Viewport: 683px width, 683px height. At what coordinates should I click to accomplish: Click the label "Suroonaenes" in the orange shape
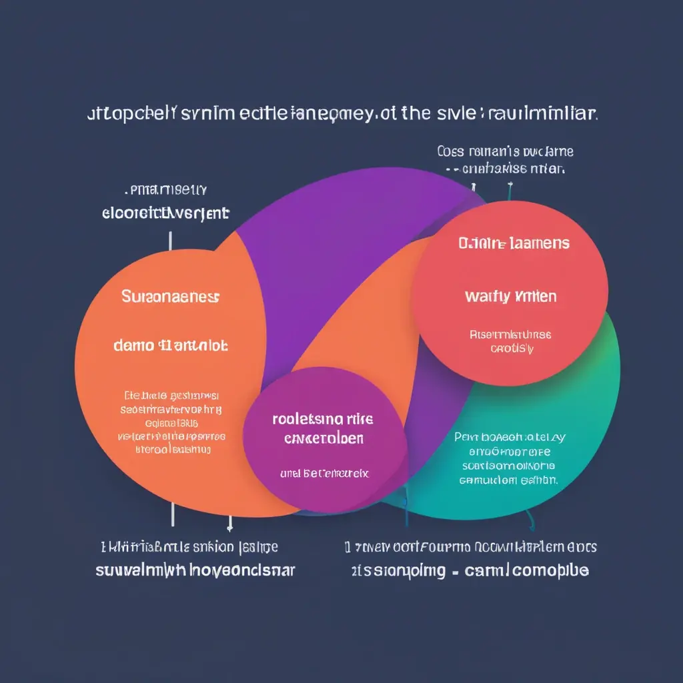pyautogui.click(x=171, y=295)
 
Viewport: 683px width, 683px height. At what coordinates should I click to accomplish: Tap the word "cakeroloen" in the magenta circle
pyautogui.click(x=323, y=439)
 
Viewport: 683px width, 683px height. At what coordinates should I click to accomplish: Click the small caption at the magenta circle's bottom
pyautogui.click(x=324, y=474)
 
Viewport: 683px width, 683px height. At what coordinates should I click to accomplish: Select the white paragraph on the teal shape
pyautogui.click(x=509, y=458)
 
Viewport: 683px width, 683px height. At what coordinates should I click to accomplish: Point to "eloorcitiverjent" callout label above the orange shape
pyautogui.click(x=165, y=213)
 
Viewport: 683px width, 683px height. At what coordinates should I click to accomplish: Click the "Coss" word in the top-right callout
pyautogui.click(x=451, y=151)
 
